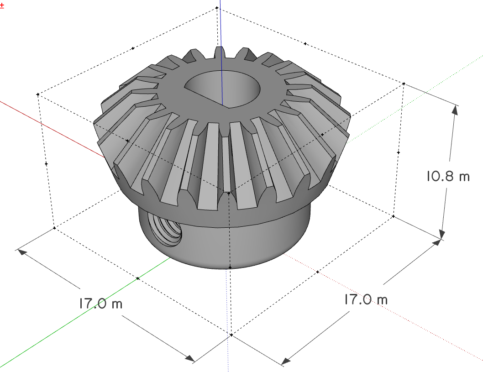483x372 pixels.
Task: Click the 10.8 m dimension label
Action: coord(448,176)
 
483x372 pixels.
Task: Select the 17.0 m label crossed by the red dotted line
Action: coord(366,299)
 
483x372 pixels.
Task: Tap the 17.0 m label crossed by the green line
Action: coord(101,304)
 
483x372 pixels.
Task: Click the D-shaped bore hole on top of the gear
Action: coord(222,89)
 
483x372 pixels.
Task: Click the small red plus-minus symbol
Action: coord(2,5)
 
